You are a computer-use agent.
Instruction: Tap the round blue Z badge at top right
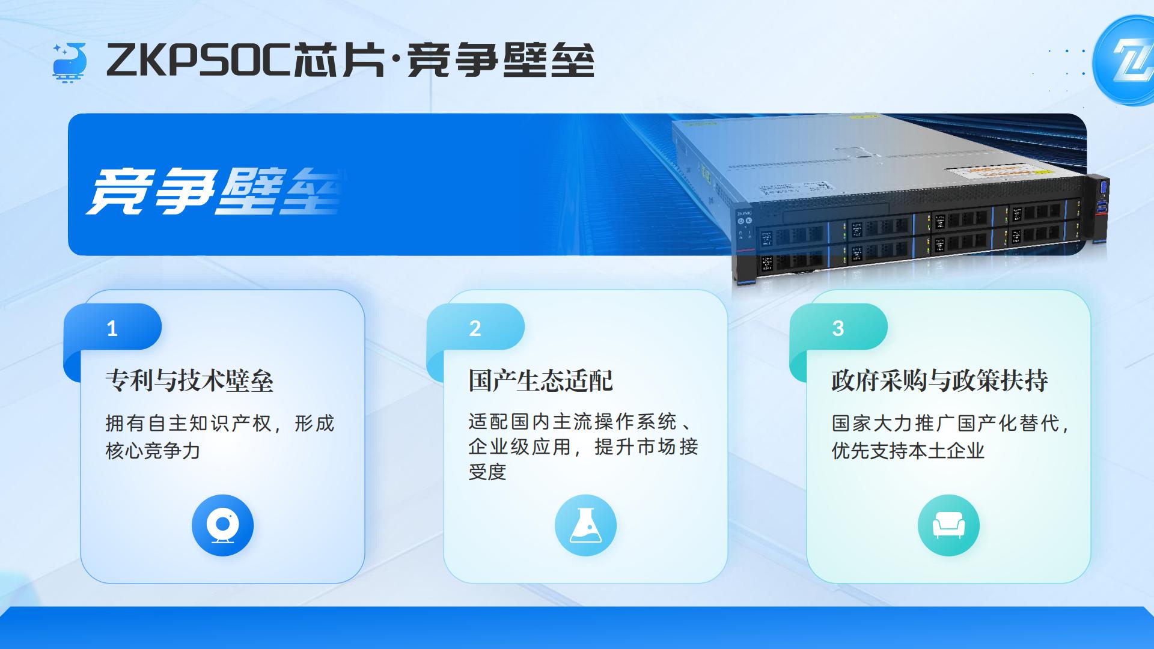[1123, 61]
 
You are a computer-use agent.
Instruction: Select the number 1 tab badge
[112, 328]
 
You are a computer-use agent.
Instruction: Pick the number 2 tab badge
[475, 328]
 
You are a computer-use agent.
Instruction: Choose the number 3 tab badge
[838, 328]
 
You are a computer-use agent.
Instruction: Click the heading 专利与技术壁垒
[189, 381]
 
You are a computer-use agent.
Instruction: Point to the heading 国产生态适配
[540, 381]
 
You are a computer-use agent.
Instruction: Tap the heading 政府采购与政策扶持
[939, 381]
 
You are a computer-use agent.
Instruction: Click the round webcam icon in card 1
[222, 525]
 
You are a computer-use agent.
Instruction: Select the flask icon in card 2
[585, 525]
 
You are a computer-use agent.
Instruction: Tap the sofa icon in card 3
[948, 525]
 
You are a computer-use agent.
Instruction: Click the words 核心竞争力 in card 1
[153, 451]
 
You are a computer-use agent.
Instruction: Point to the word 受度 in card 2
[487, 472]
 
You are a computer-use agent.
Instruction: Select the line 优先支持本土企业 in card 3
[908, 451]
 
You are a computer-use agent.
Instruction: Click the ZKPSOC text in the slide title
[198, 61]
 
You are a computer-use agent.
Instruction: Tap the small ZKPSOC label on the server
[745, 213]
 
